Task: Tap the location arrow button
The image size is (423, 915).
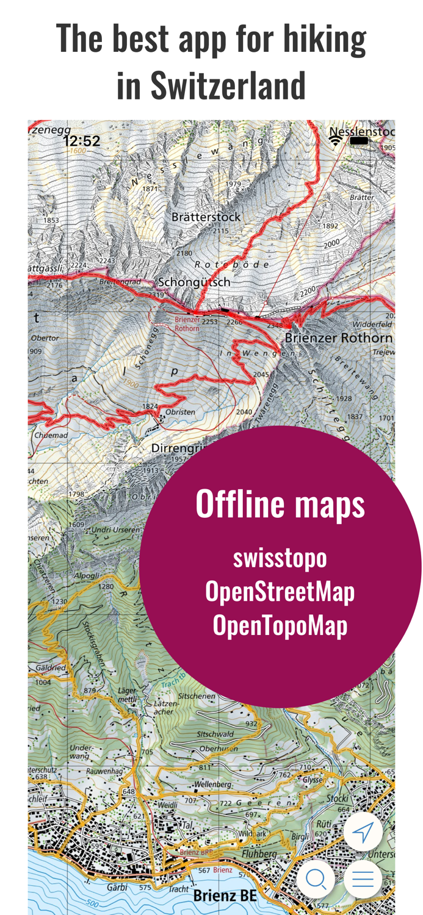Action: (x=363, y=831)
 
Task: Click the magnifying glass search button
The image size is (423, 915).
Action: (x=316, y=879)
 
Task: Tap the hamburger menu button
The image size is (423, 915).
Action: (x=363, y=879)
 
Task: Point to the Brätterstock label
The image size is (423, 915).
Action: (x=206, y=217)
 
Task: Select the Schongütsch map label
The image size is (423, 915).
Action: (x=194, y=282)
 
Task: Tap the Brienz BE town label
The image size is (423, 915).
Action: (x=225, y=895)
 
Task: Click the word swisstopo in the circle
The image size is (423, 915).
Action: (x=280, y=558)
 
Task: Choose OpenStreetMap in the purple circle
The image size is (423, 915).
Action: (x=280, y=591)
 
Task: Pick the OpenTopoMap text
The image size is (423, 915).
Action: (x=280, y=625)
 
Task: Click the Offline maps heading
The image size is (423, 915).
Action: (x=280, y=504)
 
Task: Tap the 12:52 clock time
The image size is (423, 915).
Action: (x=81, y=142)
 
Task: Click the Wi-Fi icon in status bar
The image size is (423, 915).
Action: (x=335, y=141)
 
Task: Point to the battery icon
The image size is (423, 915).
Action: (x=359, y=141)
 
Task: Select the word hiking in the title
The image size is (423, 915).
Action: (x=324, y=38)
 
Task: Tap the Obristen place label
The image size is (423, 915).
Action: (x=180, y=412)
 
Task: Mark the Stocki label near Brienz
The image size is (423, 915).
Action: (x=337, y=798)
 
